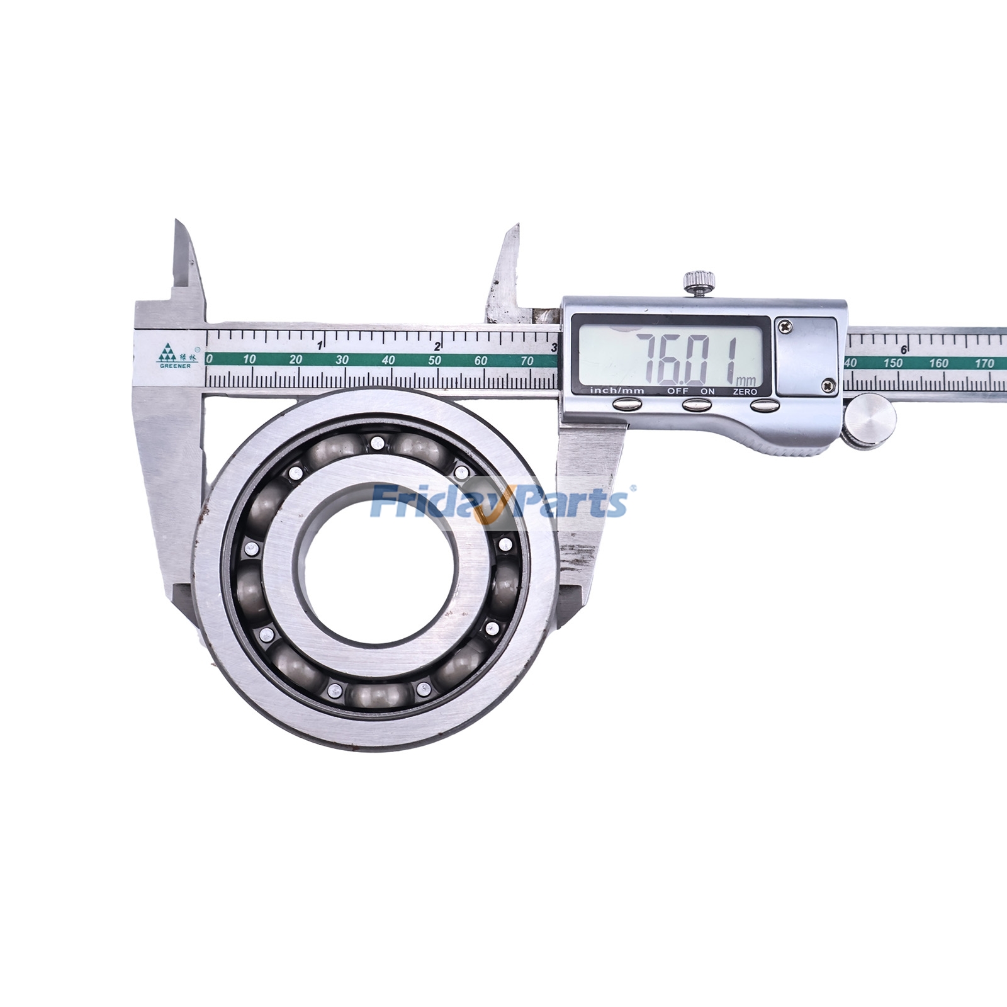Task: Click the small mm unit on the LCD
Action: (747, 380)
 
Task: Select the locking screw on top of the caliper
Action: (699, 280)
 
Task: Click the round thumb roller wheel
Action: (870, 420)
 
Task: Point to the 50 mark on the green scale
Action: (434, 361)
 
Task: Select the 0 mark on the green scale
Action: (210, 360)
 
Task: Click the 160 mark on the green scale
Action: (938, 363)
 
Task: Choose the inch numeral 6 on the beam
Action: (904, 350)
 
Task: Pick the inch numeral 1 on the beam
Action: (320, 346)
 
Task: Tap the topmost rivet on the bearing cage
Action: (376, 442)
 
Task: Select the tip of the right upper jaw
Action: (517, 225)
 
